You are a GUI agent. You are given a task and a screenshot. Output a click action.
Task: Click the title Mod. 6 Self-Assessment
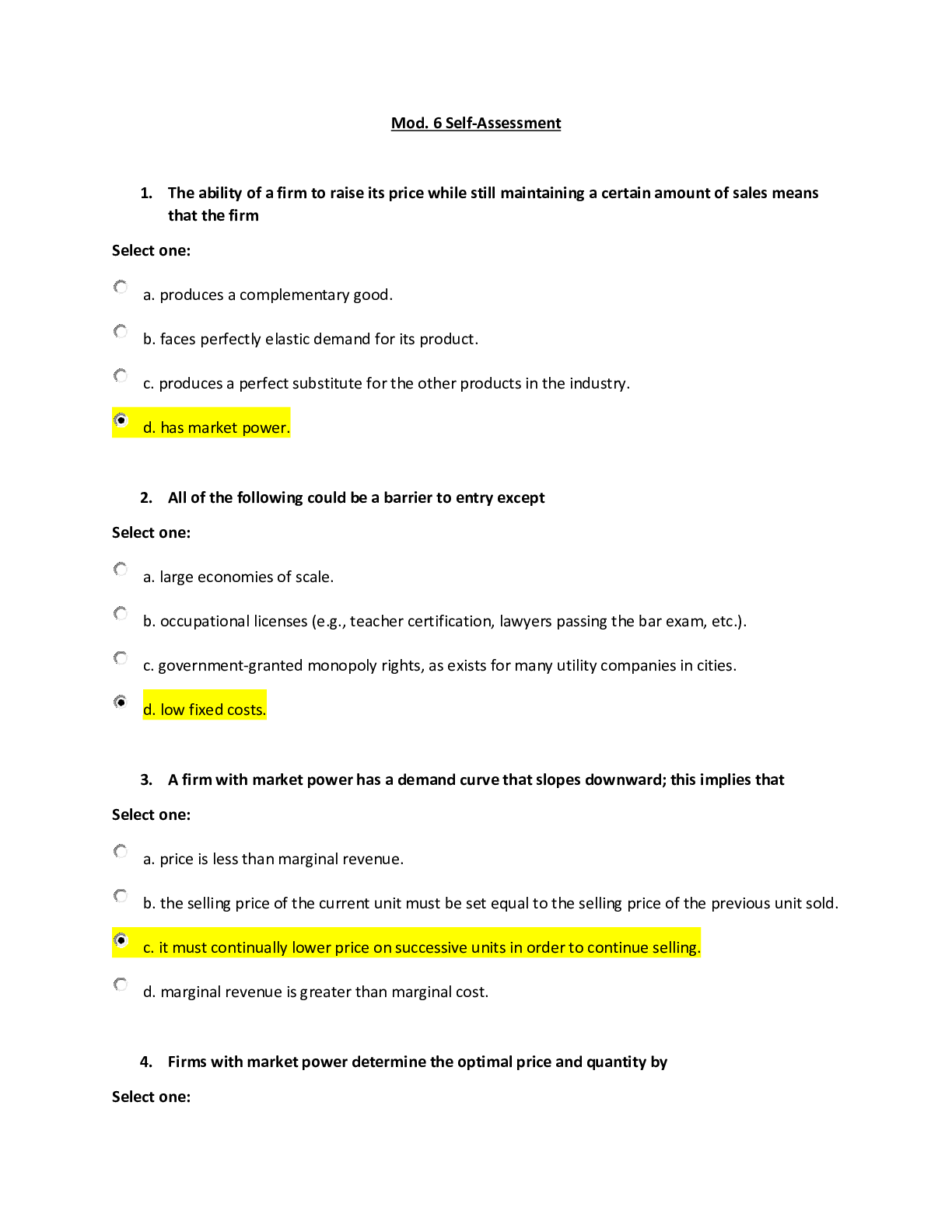pyautogui.click(x=476, y=123)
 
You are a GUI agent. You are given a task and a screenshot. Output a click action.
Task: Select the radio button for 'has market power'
pyautogui.click(x=121, y=420)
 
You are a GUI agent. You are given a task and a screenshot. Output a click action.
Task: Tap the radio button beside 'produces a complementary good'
pyautogui.click(x=121, y=288)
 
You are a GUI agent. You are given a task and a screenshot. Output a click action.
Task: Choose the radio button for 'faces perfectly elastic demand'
pyautogui.click(x=121, y=331)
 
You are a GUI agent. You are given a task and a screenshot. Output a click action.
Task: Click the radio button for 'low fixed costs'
pyautogui.click(x=121, y=703)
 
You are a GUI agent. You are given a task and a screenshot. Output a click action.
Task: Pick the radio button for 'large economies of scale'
pyautogui.click(x=121, y=570)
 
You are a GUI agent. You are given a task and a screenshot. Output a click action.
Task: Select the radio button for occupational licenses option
pyautogui.click(x=121, y=613)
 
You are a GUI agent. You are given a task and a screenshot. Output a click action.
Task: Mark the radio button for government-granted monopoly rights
pyautogui.click(x=121, y=658)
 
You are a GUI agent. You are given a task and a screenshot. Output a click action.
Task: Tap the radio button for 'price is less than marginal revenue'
pyautogui.click(x=121, y=852)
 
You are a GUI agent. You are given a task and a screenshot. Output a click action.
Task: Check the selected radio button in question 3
pyautogui.click(x=121, y=940)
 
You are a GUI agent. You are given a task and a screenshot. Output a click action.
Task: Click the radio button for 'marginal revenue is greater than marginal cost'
pyautogui.click(x=121, y=985)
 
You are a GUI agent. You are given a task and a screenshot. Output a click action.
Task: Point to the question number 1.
pyautogui.click(x=146, y=194)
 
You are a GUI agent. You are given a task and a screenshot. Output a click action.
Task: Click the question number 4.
pyautogui.click(x=146, y=1062)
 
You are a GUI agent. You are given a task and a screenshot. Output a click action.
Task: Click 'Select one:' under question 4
pyautogui.click(x=151, y=1097)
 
